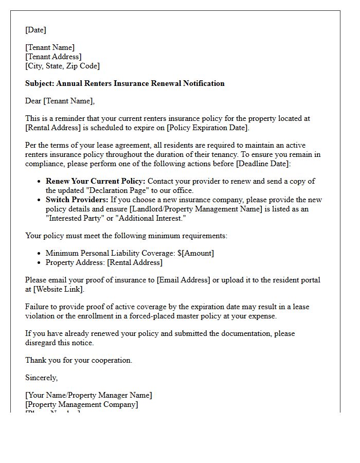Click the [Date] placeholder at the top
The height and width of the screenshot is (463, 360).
pyautogui.click(x=35, y=30)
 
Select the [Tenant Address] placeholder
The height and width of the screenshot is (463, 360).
pyautogui.click(x=53, y=57)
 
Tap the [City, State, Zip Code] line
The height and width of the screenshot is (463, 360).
pyautogui.click(x=62, y=66)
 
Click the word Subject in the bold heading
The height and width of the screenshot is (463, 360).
pyautogui.click(x=39, y=83)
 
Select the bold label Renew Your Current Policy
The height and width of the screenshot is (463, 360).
pyautogui.click(x=96, y=181)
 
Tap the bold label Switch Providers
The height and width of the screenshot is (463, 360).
pyautogui.click(x=77, y=200)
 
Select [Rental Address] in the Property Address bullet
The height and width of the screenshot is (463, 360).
pyautogui.click(x=134, y=262)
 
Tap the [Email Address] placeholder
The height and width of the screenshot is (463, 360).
pyautogui.click(x=183, y=280)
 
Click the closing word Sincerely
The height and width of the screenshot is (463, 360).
pyautogui.click(x=41, y=378)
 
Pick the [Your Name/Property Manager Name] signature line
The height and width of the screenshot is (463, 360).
pyautogui.click(x=88, y=395)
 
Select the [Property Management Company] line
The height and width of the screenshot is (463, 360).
pyautogui.click(x=82, y=404)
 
